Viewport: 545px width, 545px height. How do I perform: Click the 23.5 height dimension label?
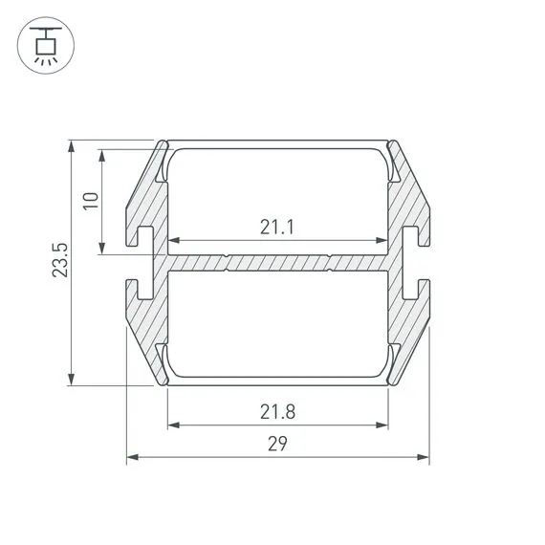60,260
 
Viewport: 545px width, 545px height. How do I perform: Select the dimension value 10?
91,201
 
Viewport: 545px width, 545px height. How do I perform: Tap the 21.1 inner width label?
277,227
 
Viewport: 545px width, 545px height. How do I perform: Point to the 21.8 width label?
277,411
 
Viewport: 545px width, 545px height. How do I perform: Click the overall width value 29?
277,444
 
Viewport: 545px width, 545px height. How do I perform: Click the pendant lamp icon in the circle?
46,46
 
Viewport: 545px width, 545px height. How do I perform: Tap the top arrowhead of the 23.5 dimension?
72,146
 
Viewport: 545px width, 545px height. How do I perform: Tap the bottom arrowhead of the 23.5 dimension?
72,380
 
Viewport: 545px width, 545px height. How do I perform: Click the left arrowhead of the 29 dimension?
133,457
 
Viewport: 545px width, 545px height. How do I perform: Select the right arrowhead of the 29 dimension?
424,457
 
